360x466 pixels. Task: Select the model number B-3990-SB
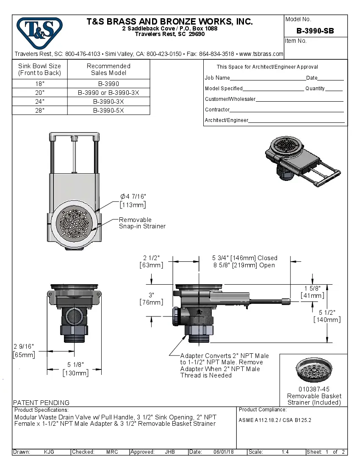pyautogui.click(x=315, y=31)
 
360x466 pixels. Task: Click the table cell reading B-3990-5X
pyautogui.click(x=108, y=110)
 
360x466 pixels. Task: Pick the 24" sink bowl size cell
pyautogui.click(x=40, y=102)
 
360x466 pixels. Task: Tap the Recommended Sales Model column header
pyautogui.click(x=108, y=69)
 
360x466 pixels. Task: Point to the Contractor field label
pyautogui.click(x=217, y=110)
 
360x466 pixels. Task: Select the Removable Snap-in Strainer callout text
pyautogui.click(x=142, y=223)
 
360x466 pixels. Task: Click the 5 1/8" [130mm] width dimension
pyautogui.click(x=76, y=369)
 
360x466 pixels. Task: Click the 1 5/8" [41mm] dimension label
pyautogui.click(x=313, y=292)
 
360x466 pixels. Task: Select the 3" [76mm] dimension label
pyautogui.click(x=151, y=298)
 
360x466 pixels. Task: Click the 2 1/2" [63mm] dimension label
pyautogui.click(x=151, y=261)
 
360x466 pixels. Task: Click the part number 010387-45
pyautogui.click(x=314, y=389)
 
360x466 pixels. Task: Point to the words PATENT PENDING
pyautogui.click(x=42, y=402)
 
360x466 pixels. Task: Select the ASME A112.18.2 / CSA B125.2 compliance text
pyautogui.click(x=275, y=420)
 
